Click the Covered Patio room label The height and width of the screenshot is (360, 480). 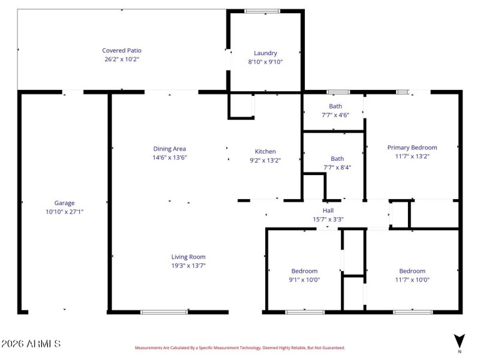point(122,51)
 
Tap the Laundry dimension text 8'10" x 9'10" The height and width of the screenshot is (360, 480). point(265,62)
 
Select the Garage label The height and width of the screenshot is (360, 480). point(65,203)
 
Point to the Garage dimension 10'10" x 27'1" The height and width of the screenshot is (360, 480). point(65,211)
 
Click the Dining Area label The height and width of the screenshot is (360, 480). point(169,149)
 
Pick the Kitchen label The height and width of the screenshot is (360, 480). point(265,152)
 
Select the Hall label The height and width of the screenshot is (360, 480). point(328,211)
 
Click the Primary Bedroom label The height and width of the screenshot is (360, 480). point(412,148)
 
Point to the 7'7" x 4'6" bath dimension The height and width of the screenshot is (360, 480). point(335,115)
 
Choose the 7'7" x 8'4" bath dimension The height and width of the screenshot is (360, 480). point(337,167)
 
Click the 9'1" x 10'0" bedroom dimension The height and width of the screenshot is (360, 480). point(305,280)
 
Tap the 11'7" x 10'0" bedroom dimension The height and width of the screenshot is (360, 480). point(412,280)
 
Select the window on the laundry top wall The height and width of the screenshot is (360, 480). point(262,11)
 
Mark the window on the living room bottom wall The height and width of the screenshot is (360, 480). point(164,312)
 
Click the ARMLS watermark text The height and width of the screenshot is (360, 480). point(31,344)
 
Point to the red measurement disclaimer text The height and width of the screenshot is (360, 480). point(239,347)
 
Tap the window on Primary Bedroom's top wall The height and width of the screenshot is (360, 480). point(403,92)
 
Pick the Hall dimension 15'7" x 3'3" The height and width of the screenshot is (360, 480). point(328,219)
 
